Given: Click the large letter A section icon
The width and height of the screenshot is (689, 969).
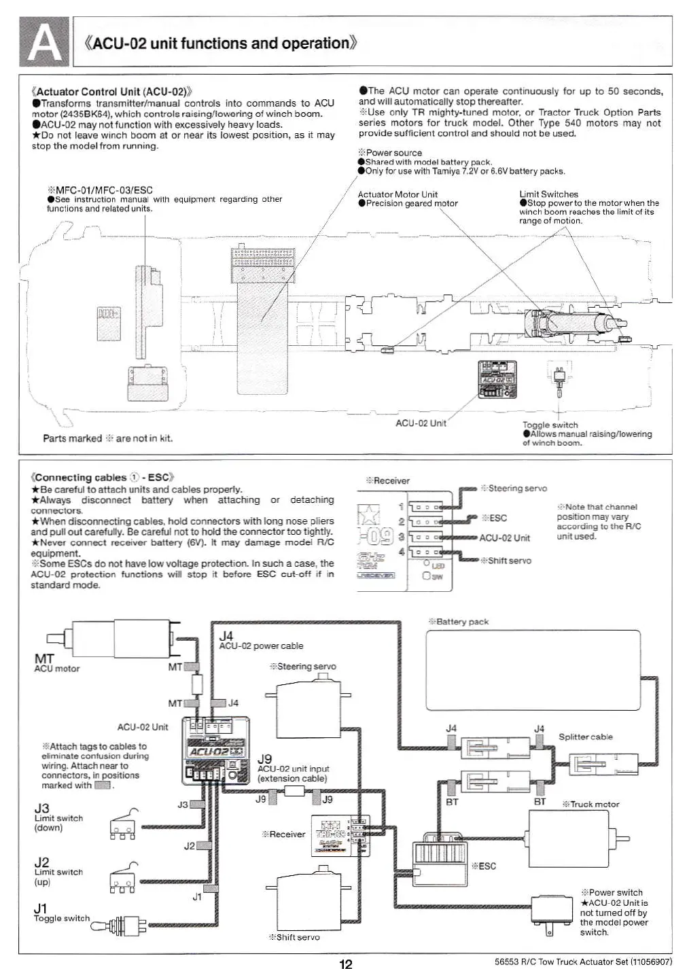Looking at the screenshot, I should (44, 41).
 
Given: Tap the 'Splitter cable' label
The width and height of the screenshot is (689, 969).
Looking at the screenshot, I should (585, 737).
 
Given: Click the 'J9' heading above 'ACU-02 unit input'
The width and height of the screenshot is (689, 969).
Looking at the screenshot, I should (265, 758).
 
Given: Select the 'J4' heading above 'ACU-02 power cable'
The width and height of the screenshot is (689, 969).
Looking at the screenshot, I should (226, 635).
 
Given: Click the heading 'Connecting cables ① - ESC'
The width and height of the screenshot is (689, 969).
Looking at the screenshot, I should (103, 477).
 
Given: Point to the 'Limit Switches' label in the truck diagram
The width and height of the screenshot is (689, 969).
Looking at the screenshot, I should (548, 194).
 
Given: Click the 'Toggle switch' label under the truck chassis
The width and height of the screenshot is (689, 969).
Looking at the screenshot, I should (550, 425).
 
